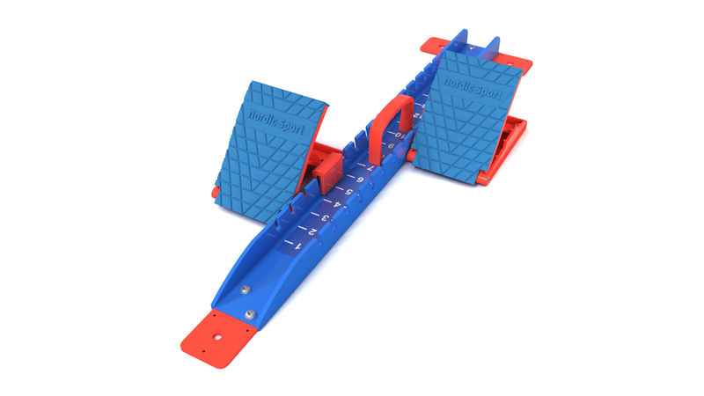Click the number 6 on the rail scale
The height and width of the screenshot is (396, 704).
pyautogui.click(x=360, y=180)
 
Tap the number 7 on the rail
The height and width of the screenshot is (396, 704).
pyautogui.click(x=370, y=168)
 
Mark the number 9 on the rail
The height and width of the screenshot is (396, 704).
pyautogui.click(x=390, y=147)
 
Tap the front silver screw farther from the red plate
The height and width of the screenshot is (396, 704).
pyautogui.click(x=246, y=287)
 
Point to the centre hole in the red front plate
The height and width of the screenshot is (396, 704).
pyautogui.click(x=216, y=335)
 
